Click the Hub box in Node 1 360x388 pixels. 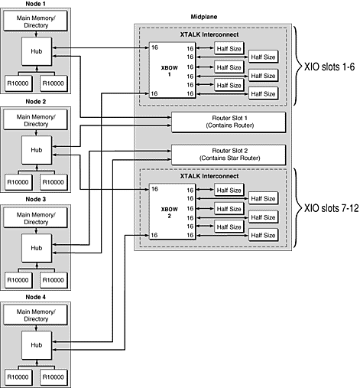click(x=36, y=52)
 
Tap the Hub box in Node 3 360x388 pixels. click(x=36, y=247)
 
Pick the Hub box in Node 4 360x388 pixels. click(x=36, y=345)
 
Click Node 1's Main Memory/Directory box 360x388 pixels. click(x=36, y=21)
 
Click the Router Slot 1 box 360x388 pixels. click(x=229, y=122)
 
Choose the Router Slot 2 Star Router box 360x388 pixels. click(x=229, y=153)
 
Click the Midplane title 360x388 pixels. click(x=202, y=17)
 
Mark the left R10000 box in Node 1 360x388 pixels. click(x=19, y=82)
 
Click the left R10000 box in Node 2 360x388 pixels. click(x=19, y=180)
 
